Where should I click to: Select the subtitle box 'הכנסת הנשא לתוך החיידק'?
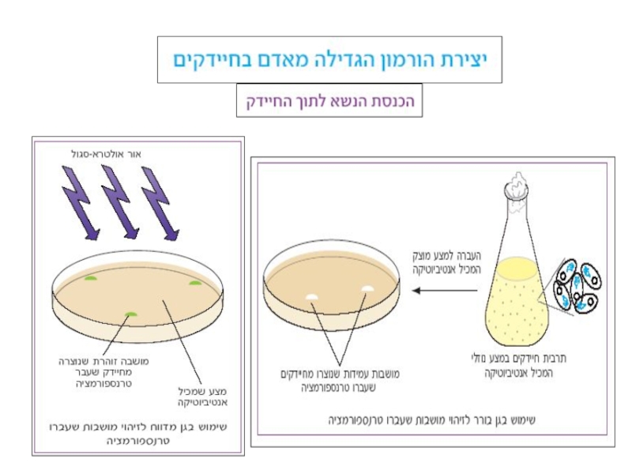(329, 102)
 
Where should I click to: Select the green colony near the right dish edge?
(194, 282)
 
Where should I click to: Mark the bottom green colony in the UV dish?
(130, 314)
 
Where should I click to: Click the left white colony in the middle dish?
(312, 296)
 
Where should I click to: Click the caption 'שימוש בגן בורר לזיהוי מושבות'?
(431, 420)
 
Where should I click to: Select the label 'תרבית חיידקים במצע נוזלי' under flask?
(529, 363)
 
